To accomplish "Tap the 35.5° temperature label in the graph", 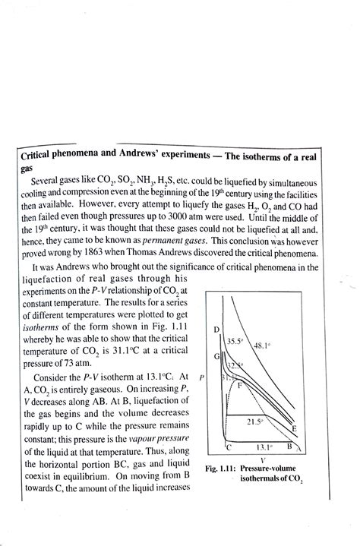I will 235,342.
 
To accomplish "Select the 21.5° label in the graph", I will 257,420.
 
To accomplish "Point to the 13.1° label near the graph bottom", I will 264,447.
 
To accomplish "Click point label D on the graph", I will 216,329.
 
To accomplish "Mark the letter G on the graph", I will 217,356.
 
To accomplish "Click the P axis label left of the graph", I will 200,377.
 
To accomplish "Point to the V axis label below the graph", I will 262,460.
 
